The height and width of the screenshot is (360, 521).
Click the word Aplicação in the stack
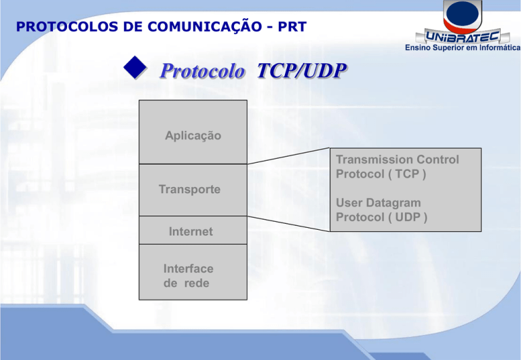tap(193, 136)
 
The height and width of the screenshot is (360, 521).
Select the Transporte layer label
tap(189, 189)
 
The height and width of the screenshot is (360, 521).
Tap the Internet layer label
tap(191, 232)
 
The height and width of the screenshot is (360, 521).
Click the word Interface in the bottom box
tap(189, 268)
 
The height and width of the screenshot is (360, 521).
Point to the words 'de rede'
tap(187, 283)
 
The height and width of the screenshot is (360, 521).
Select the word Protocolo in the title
tap(201, 71)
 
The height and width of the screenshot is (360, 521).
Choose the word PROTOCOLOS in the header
tap(60, 26)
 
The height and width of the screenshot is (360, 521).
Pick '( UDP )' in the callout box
tap(406, 217)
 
